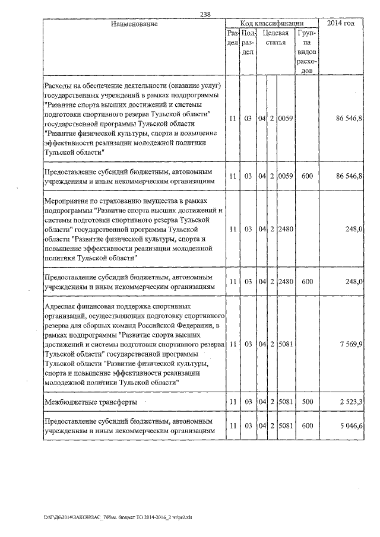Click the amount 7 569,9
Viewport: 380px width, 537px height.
[350, 345]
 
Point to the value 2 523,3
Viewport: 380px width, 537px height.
[349, 402]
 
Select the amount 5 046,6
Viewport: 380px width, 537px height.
[349, 425]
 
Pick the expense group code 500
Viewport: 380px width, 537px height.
[307, 402]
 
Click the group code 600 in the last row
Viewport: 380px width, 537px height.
[307, 425]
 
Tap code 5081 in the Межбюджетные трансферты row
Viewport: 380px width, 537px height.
[286, 402]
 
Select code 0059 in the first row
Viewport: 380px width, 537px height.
[286, 119]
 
